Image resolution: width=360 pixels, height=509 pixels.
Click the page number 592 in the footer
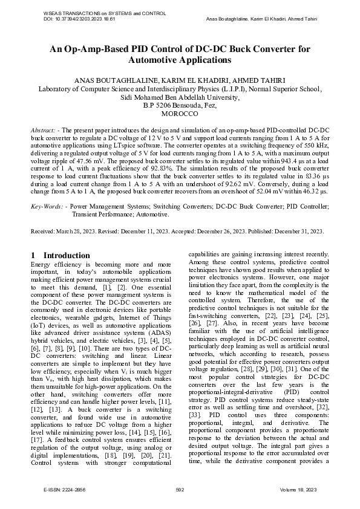[x=180, y=490]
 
